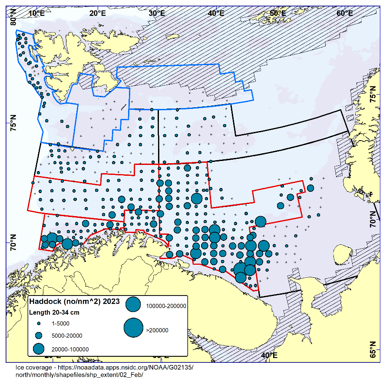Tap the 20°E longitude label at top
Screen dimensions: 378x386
(x=98, y=13)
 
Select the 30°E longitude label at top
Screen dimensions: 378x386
(x=156, y=13)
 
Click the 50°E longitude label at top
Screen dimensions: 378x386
(x=278, y=13)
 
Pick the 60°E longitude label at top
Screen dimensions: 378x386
(x=344, y=13)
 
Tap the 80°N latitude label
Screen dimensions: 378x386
(x=13, y=18)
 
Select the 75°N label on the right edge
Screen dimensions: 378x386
(x=373, y=94)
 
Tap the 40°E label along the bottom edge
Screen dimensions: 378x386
(x=269, y=355)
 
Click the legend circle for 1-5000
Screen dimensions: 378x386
(x=39, y=324)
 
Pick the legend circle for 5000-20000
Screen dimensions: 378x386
(x=39, y=335)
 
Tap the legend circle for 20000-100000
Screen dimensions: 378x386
(x=39, y=349)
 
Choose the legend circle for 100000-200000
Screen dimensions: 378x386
(x=133, y=305)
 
